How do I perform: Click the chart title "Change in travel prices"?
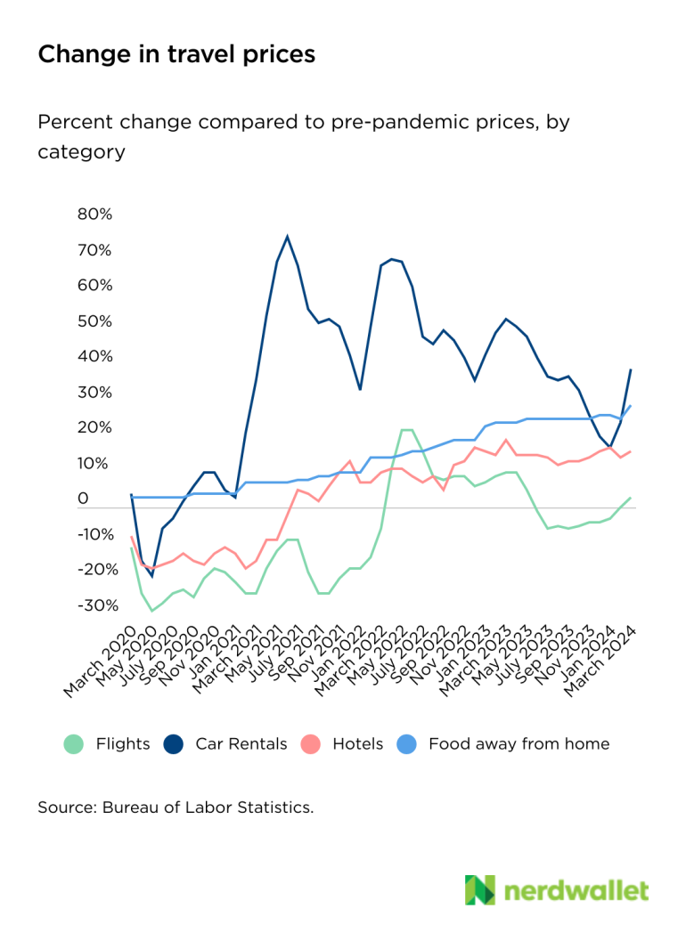coord(176,54)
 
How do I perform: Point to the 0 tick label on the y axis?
coord(83,499)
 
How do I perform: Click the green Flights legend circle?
coord(73,743)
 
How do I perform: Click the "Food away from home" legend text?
coord(519,743)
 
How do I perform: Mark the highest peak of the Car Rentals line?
coord(287,236)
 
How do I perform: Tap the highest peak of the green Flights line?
coord(406,430)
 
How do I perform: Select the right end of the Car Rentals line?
coord(631,369)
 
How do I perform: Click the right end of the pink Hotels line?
coord(631,451)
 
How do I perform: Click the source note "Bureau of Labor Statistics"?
coord(208,807)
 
